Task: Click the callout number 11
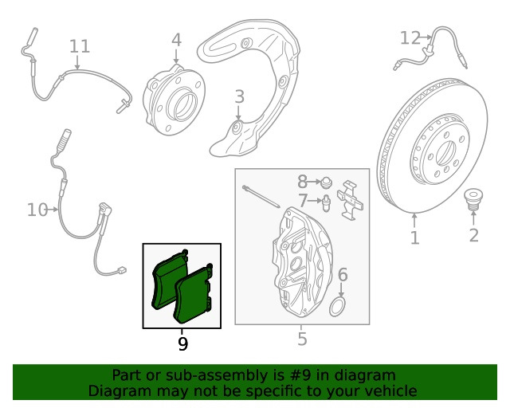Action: click(x=80, y=46)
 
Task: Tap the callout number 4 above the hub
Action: click(x=176, y=40)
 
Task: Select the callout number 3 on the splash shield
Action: click(x=239, y=97)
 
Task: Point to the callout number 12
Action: click(x=410, y=38)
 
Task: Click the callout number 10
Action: click(x=37, y=210)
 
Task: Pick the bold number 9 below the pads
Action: click(x=183, y=343)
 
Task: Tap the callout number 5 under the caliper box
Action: click(x=302, y=339)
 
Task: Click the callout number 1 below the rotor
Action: click(x=414, y=237)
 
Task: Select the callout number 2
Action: click(x=474, y=235)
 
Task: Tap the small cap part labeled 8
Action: click(x=326, y=182)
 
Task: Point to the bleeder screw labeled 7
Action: click(x=326, y=203)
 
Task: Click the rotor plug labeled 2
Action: click(x=472, y=199)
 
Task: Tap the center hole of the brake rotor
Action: click(x=446, y=152)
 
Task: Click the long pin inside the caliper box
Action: click(x=261, y=196)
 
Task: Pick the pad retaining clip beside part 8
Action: click(x=351, y=200)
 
